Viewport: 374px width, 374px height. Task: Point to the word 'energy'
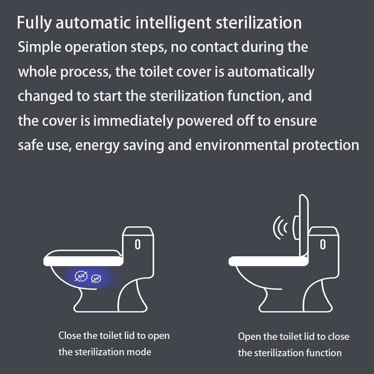(x=103, y=145)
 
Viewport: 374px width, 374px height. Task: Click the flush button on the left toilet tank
(x=138, y=244)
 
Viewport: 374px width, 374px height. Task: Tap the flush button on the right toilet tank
(x=323, y=244)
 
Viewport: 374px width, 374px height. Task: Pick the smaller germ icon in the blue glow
(x=97, y=279)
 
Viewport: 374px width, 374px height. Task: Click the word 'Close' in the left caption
(x=69, y=336)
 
